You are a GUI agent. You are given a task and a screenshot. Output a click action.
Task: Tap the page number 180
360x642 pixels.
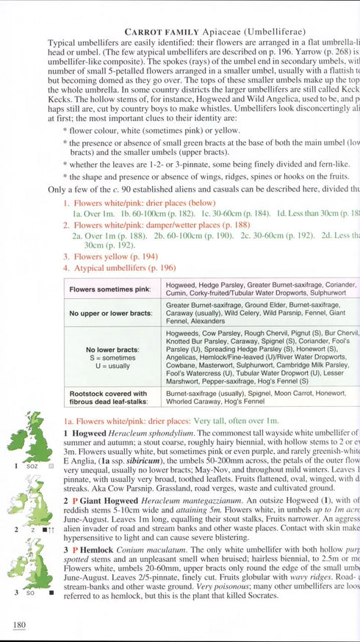20,624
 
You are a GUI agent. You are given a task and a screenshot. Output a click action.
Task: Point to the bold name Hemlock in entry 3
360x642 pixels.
94,549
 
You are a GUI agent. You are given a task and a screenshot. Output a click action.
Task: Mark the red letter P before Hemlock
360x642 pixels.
73,549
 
